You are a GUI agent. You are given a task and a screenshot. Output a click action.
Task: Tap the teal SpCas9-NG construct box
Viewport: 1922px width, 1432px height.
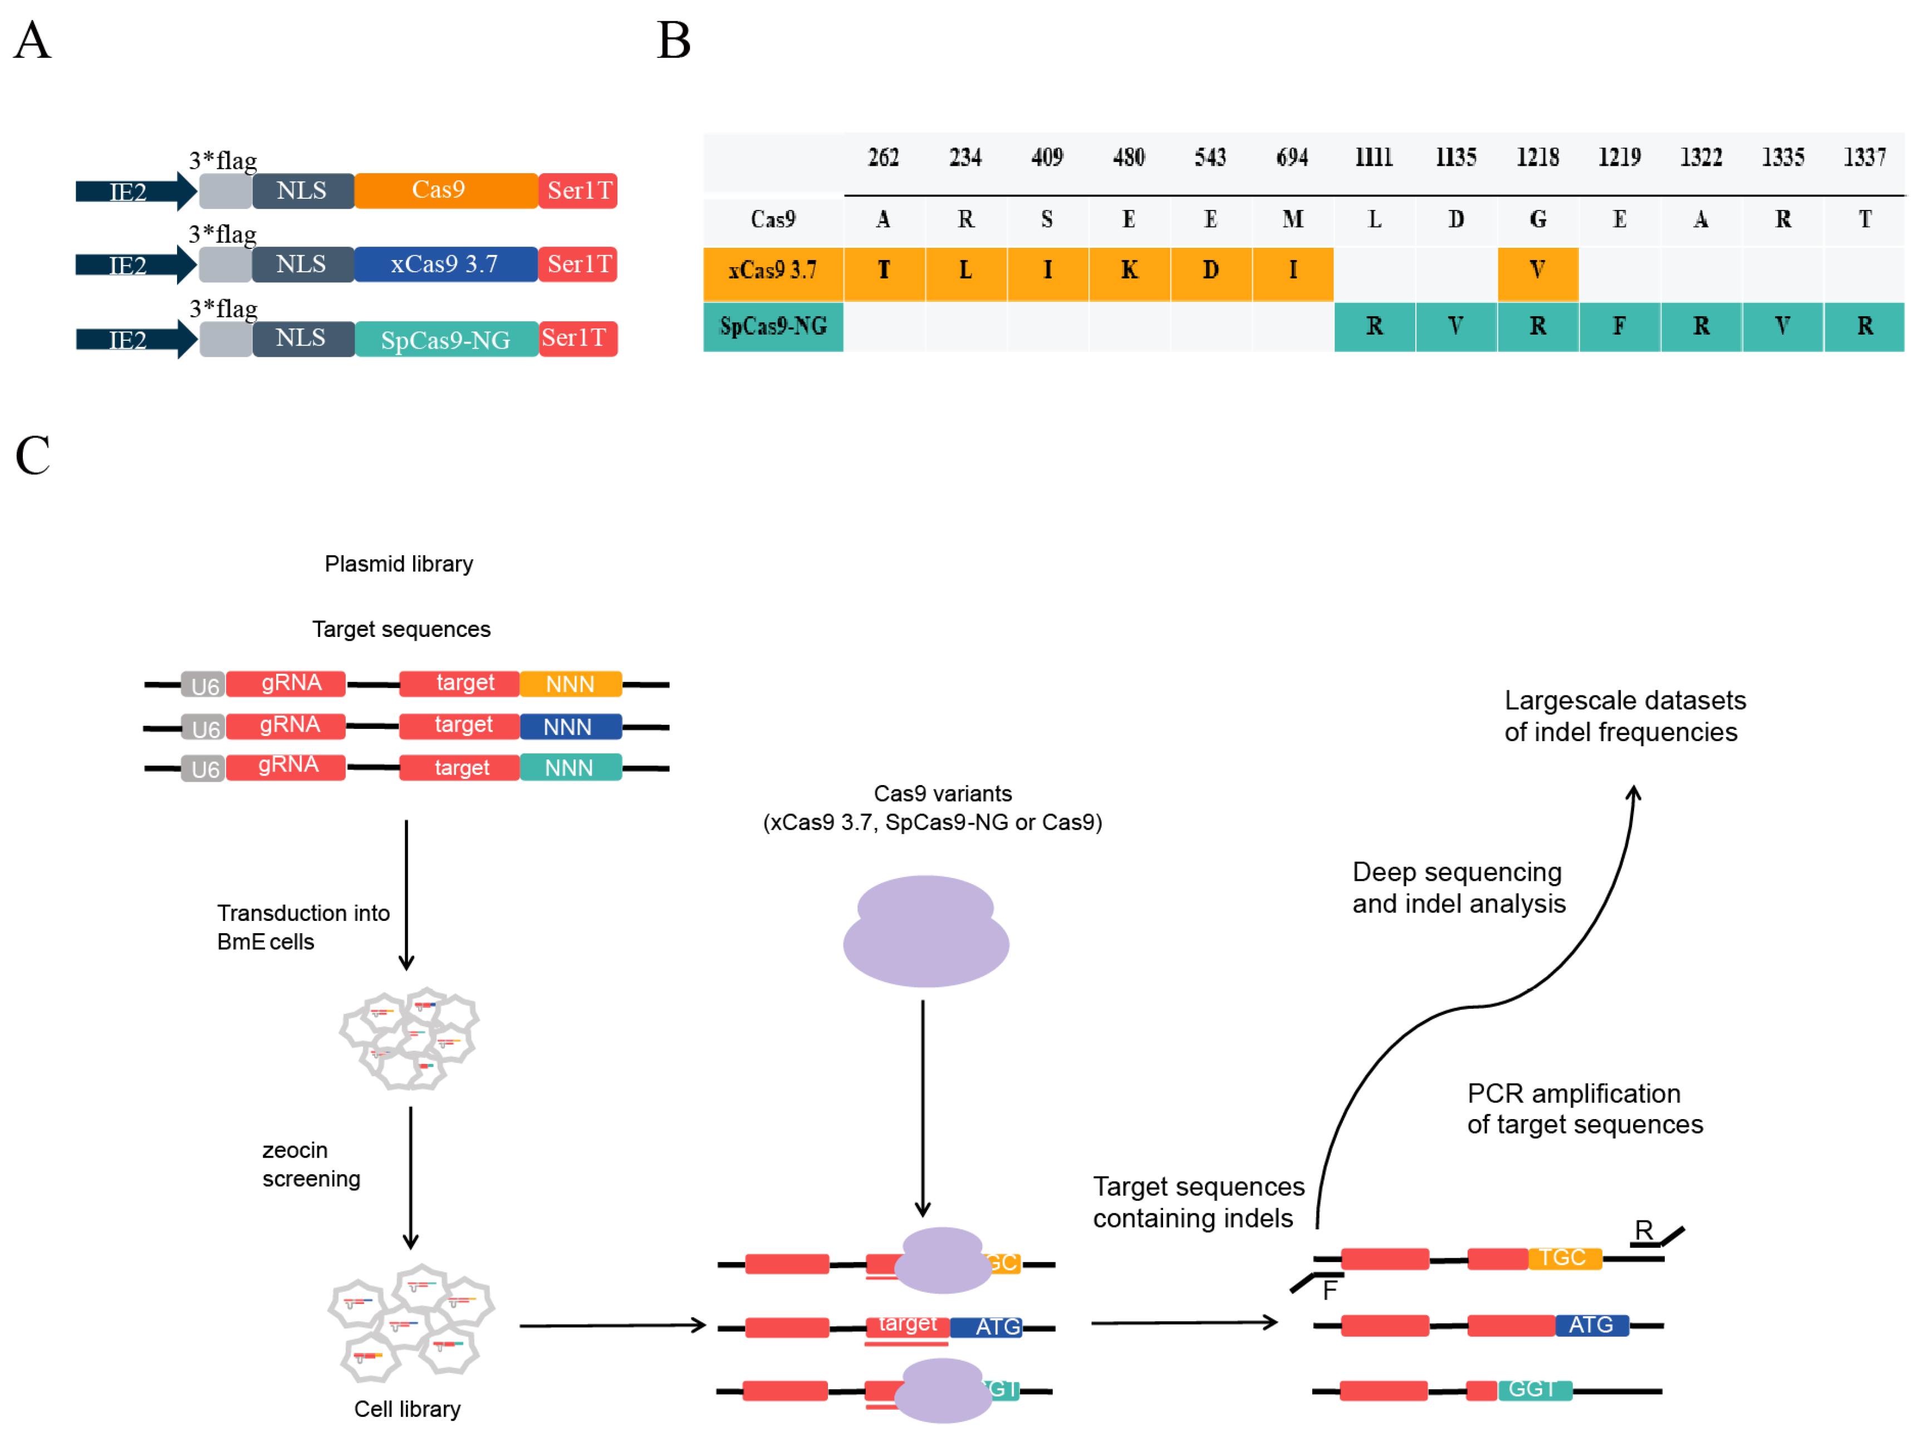(x=445, y=339)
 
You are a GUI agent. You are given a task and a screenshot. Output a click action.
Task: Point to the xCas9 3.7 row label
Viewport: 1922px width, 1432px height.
(x=772, y=271)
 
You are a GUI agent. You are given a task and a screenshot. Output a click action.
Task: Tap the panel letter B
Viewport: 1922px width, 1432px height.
(x=674, y=41)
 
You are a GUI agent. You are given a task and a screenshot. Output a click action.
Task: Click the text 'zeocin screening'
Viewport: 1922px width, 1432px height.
(x=310, y=1164)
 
